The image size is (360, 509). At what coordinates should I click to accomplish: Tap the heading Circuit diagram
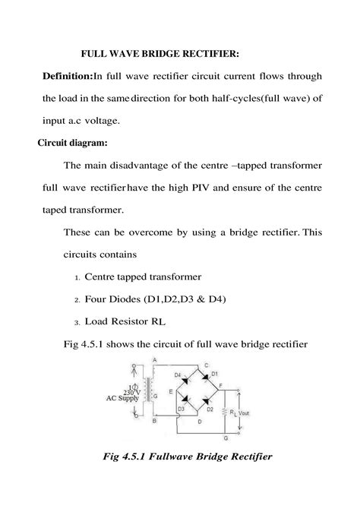coord(73,142)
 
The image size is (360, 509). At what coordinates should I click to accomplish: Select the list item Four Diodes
coord(154,299)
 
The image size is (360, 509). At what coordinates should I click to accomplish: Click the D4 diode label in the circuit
coord(178,375)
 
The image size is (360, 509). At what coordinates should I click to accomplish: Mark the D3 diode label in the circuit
coord(181,409)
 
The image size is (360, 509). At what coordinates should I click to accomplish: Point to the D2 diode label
coord(209,409)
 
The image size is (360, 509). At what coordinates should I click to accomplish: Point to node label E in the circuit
coord(170,392)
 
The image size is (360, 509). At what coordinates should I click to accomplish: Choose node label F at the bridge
coord(220,387)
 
